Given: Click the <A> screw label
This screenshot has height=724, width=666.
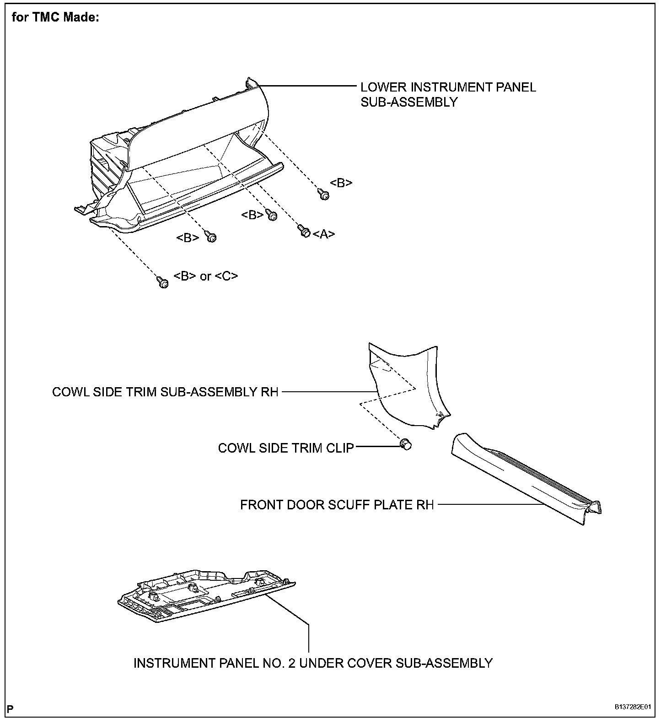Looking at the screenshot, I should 324,234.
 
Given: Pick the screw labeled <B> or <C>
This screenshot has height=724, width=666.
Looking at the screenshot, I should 162,282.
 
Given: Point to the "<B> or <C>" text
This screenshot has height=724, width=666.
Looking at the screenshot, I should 206,276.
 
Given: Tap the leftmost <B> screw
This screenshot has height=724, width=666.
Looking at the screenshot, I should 211,236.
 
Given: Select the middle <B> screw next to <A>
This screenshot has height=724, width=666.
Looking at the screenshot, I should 271,215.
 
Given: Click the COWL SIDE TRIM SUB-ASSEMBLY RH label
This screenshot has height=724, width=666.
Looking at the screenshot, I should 165,392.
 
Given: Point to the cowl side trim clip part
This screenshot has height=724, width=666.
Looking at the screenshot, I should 405,444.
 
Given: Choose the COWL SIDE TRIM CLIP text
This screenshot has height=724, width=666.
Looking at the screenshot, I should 286,448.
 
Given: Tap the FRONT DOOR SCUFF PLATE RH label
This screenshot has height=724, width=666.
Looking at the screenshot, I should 337,505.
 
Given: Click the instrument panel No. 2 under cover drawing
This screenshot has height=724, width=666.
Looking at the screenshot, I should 206,595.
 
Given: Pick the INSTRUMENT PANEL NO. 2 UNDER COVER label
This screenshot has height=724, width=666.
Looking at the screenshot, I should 313,663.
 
